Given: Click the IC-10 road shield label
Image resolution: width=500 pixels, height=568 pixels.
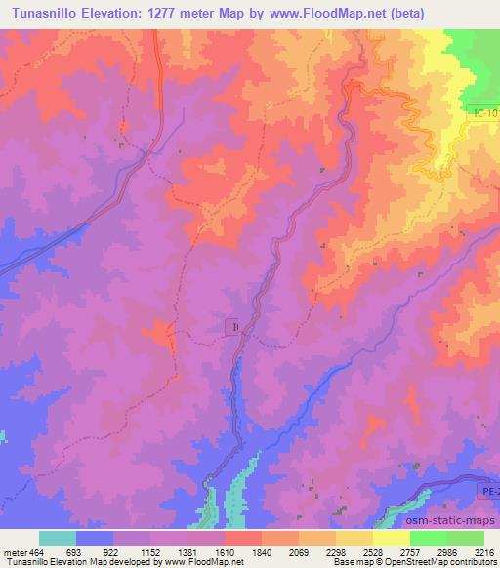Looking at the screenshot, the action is point(482,114).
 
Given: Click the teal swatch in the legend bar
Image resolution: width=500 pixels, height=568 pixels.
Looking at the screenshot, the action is point(58,538).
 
